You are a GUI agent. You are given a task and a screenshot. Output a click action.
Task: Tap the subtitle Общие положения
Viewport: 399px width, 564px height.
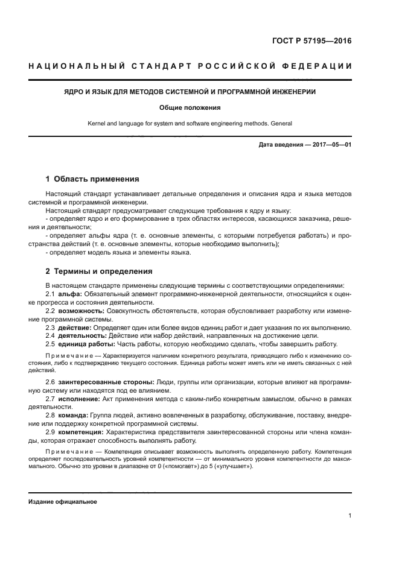click(x=190, y=107)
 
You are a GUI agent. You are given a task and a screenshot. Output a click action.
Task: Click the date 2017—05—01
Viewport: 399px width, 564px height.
click(x=331, y=145)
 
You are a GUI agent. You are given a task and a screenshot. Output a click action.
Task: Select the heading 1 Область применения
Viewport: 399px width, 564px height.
click(x=92, y=179)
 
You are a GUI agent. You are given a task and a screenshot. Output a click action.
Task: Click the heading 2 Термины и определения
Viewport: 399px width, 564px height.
click(x=100, y=271)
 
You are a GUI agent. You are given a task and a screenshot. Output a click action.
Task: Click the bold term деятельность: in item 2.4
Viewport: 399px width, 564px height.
click(x=82, y=335)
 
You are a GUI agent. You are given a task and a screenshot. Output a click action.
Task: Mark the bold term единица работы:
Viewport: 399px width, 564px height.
click(x=86, y=343)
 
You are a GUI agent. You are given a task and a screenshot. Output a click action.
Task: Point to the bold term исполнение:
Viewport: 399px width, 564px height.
click(x=79, y=399)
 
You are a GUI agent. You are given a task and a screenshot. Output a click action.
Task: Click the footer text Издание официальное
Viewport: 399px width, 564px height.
click(x=63, y=502)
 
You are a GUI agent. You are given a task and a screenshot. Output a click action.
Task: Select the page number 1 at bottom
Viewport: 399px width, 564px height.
click(x=350, y=516)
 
